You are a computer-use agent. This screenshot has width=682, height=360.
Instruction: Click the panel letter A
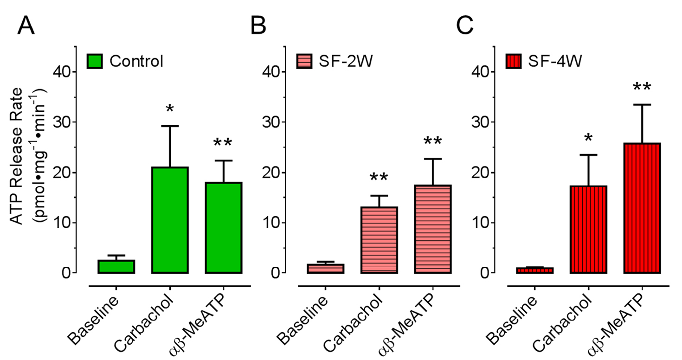click(x=26, y=26)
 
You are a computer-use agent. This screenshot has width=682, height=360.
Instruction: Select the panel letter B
click(x=258, y=26)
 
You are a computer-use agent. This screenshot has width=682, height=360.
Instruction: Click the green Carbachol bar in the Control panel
click(x=170, y=220)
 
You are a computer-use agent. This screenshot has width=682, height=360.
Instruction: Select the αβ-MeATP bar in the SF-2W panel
click(x=433, y=229)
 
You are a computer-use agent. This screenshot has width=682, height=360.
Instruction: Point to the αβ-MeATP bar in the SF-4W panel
click(x=642, y=208)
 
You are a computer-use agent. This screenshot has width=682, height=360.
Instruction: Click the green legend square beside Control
click(x=95, y=61)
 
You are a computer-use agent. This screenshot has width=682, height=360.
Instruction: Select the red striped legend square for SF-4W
click(x=515, y=61)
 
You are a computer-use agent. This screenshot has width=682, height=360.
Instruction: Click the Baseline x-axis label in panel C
click(x=515, y=320)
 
